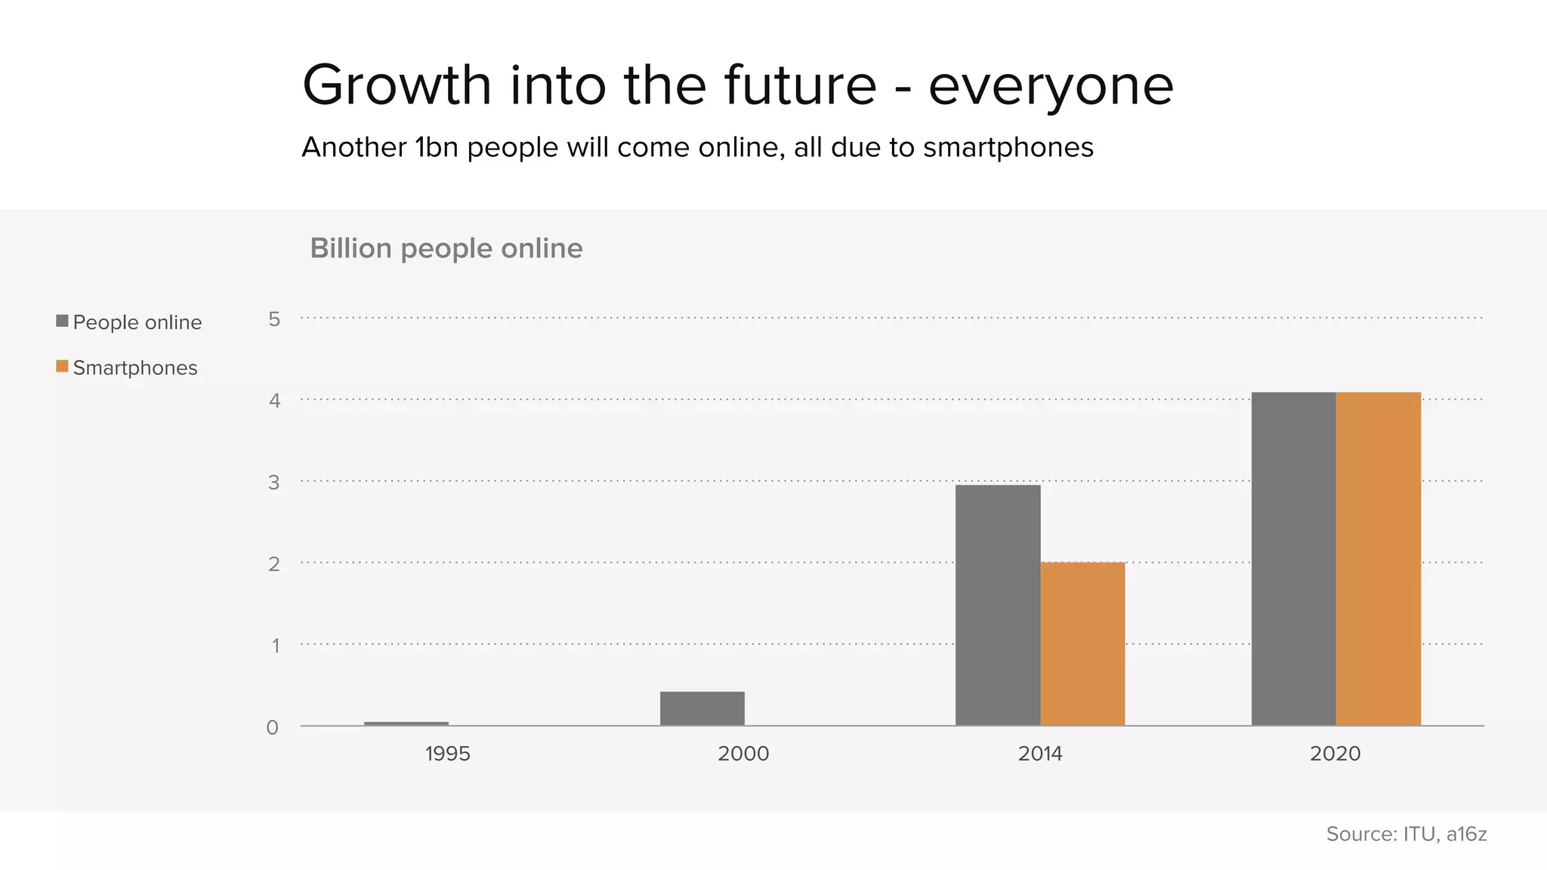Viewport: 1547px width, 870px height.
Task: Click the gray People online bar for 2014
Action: coord(998,604)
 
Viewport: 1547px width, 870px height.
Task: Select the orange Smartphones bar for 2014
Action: coord(1082,643)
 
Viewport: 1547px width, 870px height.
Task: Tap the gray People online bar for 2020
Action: coord(1293,559)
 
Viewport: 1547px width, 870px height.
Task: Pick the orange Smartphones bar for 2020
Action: coord(1378,559)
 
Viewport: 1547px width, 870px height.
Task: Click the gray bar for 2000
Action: coord(702,708)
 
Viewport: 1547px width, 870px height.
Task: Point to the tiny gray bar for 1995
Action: coord(406,723)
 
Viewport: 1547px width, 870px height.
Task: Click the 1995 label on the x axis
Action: coord(447,754)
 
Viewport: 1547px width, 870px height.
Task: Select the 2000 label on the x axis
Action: coord(743,754)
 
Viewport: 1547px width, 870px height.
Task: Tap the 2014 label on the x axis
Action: coord(1039,754)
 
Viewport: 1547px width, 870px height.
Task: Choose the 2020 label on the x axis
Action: coord(1335,754)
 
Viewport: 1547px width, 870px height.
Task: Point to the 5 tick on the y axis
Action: coord(274,319)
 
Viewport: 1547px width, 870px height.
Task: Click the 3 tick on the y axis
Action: coord(273,483)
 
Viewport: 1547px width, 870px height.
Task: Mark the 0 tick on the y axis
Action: coord(273,728)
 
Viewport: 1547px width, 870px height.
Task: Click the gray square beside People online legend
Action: coord(63,321)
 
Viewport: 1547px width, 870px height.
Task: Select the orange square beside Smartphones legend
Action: coord(63,366)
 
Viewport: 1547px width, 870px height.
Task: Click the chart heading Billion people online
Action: coord(446,248)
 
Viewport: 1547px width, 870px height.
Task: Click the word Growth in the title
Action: coord(397,85)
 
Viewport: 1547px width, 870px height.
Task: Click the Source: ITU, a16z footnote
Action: coord(1406,834)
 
